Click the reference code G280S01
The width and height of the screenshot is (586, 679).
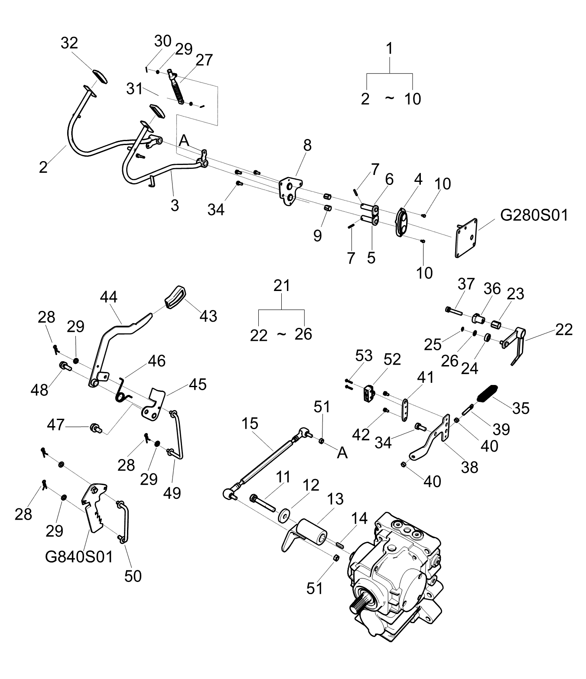click(x=534, y=215)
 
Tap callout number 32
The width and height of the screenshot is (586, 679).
click(x=69, y=43)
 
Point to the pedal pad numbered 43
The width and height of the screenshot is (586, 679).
click(x=175, y=297)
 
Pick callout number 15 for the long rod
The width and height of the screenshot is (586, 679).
click(x=250, y=424)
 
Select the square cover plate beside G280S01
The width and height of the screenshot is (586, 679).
click(x=466, y=238)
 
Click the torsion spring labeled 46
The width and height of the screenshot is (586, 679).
click(x=122, y=391)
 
